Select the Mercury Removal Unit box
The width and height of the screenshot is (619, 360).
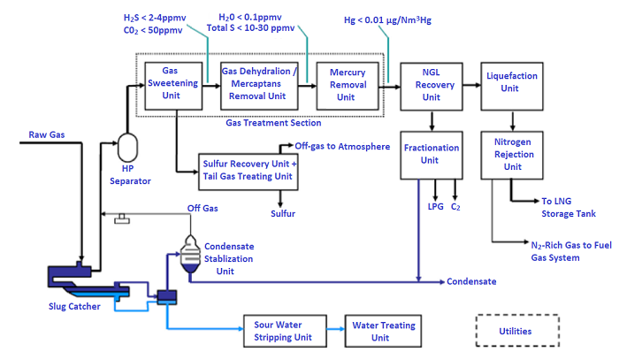click(x=348, y=85)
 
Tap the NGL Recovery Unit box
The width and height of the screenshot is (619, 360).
click(x=430, y=85)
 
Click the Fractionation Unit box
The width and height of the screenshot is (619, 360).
click(x=430, y=154)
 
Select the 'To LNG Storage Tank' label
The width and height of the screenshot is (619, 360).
click(x=568, y=207)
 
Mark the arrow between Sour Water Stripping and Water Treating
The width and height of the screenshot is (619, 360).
click(x=334, y=332)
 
